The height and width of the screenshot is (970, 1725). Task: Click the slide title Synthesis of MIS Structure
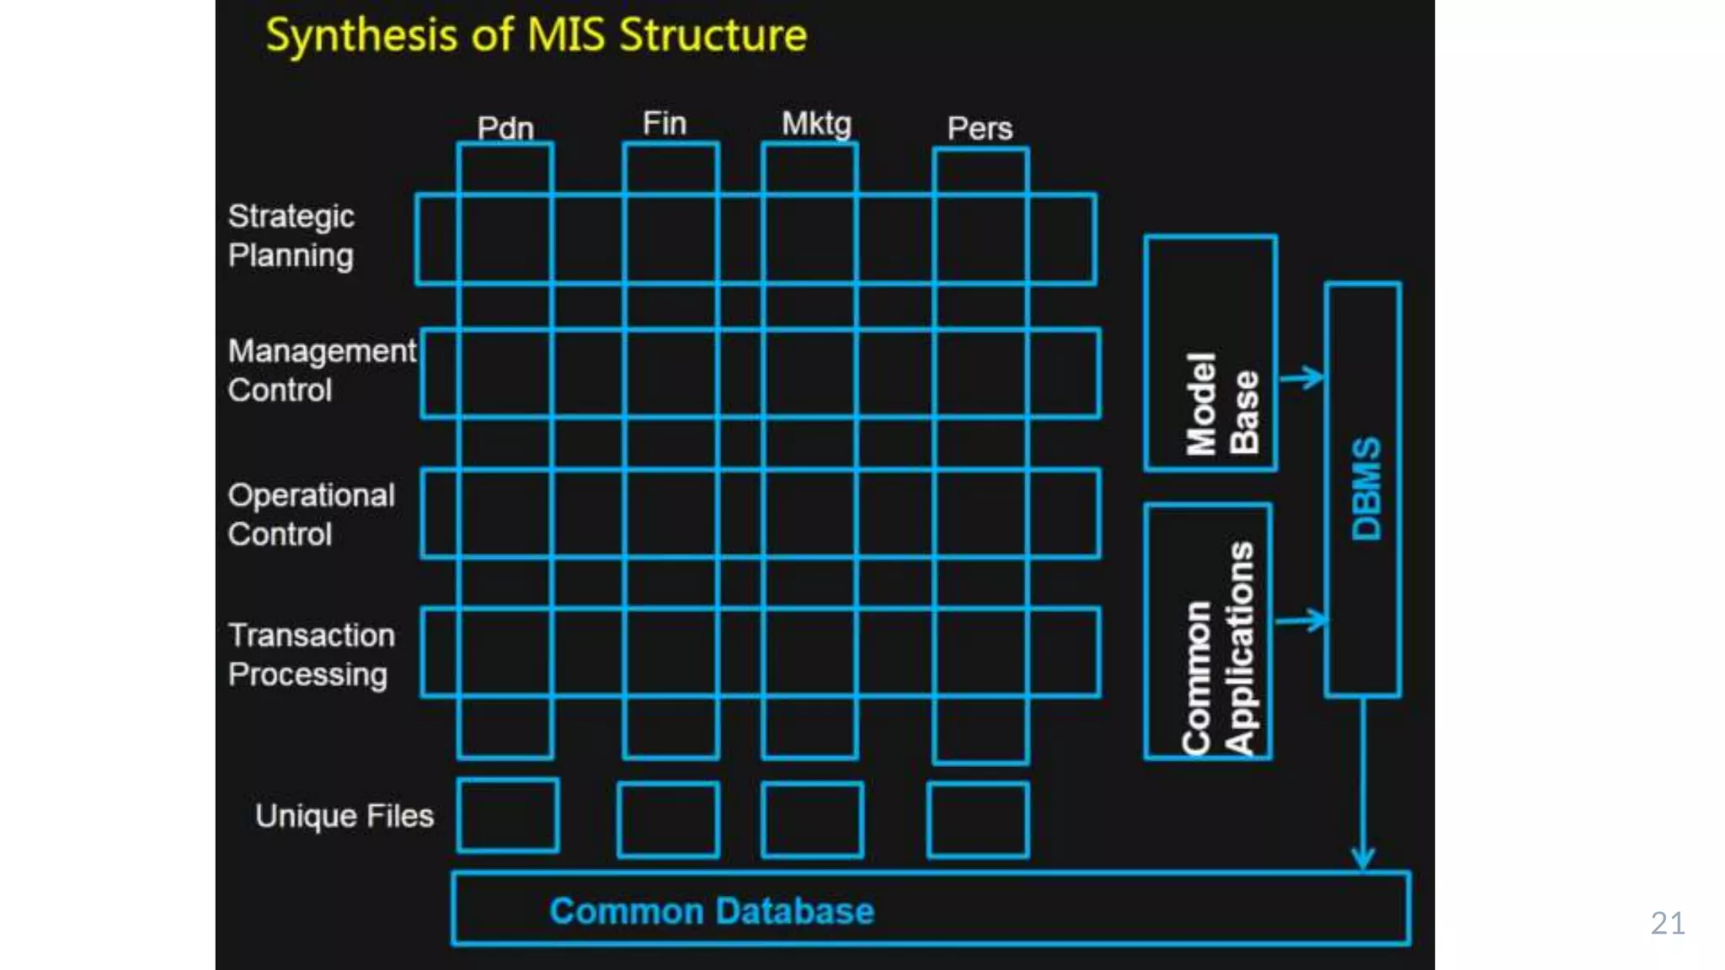pos(536,35)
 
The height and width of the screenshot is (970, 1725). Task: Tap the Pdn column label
pos(505,128)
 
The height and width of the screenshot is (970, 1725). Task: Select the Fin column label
pos(665,124)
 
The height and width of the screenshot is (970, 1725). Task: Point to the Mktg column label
pos(816,124)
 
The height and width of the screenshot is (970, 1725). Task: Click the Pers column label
pos(980,128)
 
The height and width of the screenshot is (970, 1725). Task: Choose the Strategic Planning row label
pos(291,236)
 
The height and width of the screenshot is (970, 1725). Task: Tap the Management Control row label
pos(321,370)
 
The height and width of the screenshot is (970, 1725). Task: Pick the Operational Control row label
pos(311,514)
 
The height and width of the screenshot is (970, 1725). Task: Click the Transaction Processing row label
pos(311,654)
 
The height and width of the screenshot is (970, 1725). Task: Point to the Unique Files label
pos(344,816)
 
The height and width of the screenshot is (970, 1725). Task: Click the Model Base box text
pos(1222,403)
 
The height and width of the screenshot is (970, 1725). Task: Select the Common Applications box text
pos(1218,648)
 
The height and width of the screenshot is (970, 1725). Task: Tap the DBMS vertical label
pos(1366,488)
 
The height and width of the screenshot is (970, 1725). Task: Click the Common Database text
pos(712,911)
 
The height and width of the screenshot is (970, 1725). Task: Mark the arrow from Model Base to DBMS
pos(1302,377)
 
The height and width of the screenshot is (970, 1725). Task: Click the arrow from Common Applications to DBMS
pos(1301,621)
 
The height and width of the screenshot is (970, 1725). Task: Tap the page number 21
pos(1668,924)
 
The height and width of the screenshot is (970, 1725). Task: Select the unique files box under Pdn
pos(508,815)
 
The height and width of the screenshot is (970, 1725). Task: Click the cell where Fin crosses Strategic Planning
pos(670,239)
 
